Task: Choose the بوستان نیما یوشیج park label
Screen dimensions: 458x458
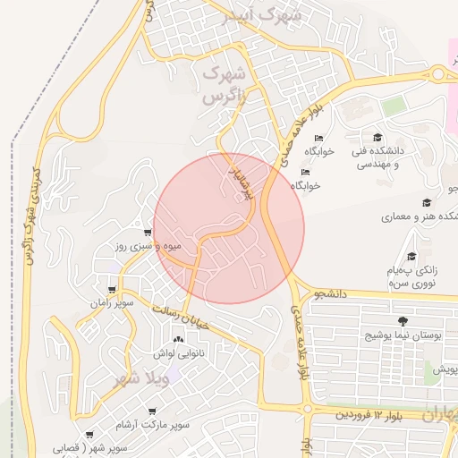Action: (403, 335)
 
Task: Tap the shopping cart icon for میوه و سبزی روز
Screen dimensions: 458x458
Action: (135, 231)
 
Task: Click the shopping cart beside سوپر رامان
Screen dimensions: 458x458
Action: (111, 290)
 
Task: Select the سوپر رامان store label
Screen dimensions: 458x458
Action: (111, 304)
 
